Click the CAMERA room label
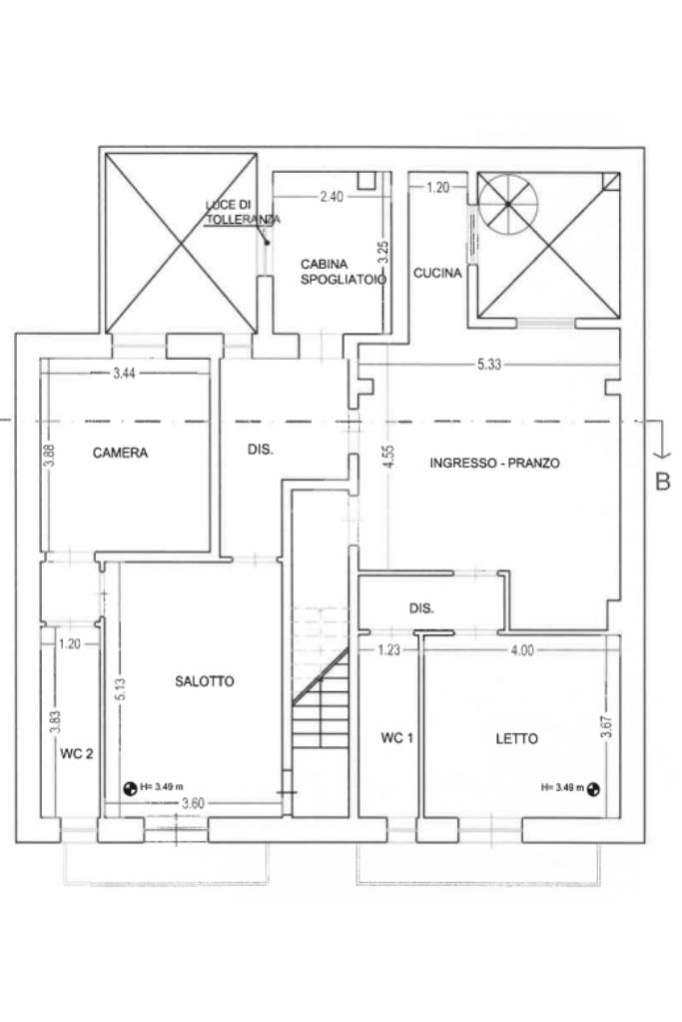tap(120, 453)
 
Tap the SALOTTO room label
tap(205, 681)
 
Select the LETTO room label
tap(516, 738)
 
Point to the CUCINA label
tap(437, 273)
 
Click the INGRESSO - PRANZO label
tap(495, 463)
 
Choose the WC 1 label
tap(397, 738)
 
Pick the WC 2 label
tap(77, 753)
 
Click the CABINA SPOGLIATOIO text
tap(343, 272)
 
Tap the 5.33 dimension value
tap(489, 365)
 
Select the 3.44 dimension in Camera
tap(124, 374)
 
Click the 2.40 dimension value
tap(332, 196)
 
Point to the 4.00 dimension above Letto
tap(522, 649)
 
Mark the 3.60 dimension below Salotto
tap(194, 803)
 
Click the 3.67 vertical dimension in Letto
tap(606, 726)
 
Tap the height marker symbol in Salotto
tap(130, 788)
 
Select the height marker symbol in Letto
tap(593, 789)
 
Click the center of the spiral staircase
tap(507, 205)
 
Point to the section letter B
tap(662, 482)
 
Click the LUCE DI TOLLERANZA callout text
tap(243, 213)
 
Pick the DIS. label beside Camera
tap(261, 450)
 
